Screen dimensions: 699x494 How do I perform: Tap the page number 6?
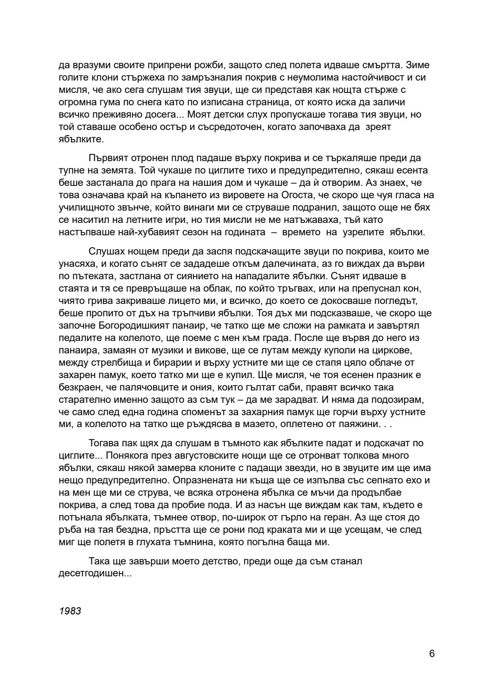(432, 653)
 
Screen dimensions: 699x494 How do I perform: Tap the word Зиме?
(418, 65)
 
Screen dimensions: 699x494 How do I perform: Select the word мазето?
(252, 424)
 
